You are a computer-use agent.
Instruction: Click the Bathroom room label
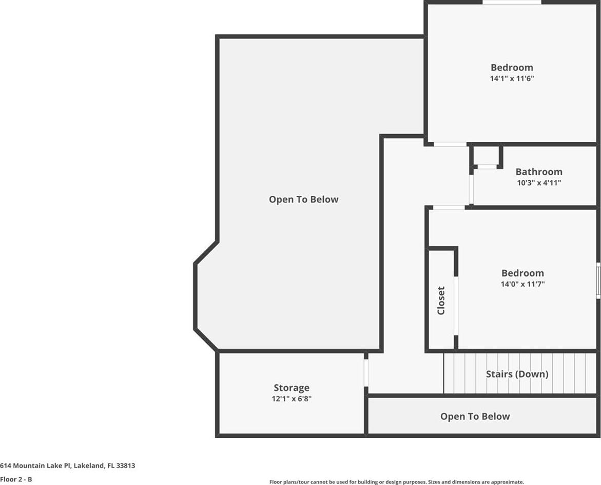[x=539, y=172]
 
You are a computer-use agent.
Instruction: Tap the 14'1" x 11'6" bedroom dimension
[x=512, y=79]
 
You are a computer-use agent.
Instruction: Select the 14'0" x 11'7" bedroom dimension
[x=523, y=284]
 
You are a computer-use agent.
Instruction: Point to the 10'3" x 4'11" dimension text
[x=539, y=183]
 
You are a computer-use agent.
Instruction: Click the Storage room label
[x=292, y=388]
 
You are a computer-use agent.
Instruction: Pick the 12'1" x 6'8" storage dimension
[x=292, y=399]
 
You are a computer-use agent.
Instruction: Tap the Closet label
[x=441, y=301]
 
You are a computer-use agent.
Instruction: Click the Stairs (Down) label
[x=517, y=374]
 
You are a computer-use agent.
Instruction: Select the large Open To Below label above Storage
[x=303, y=199]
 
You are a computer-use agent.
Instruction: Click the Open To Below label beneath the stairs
[x=475, y=417]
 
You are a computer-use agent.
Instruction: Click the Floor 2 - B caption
[x=16, y=479]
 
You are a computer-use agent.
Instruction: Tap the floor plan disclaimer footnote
[x=397, y=482]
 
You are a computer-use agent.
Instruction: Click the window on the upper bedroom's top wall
[x=512, y=2]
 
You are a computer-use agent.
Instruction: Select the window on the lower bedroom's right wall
[x=598, y=280]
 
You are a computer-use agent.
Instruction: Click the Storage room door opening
[x=366, y=372]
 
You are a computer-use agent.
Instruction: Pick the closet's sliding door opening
[x=456, y=305]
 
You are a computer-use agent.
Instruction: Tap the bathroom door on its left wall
[x=472, y=190]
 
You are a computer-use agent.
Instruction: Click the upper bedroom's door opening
[x=450, y=144]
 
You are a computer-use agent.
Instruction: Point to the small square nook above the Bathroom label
[x=487, y=155]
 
